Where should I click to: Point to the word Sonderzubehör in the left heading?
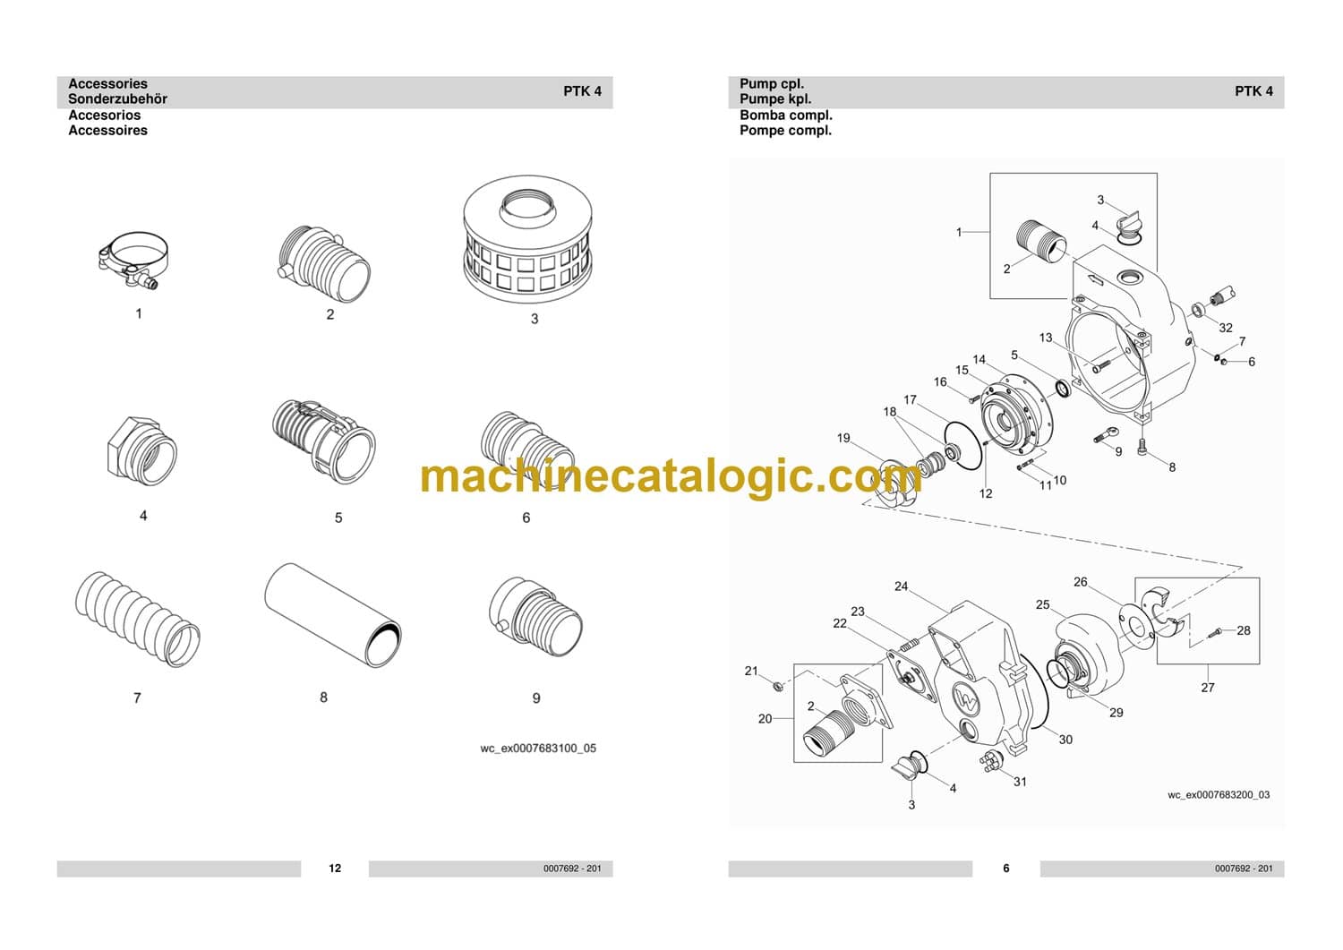click(x=117, y=99)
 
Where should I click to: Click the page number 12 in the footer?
click(x=335, y=869)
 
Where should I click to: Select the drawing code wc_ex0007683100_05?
click(x=538, y=749)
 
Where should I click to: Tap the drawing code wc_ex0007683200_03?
click(x=1219, y=795)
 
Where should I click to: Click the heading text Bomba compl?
click(x=785, y=116)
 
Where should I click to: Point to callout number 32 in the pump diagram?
click(x=1226, y=328)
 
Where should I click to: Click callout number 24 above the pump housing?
click(x=901, y=586)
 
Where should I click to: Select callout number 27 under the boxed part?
click(x=1208, y=688)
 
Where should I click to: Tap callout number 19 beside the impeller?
click(x=843, y=438)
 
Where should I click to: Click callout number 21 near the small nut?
click(x=751, y=671)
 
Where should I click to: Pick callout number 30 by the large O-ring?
click(x=1065, y=740)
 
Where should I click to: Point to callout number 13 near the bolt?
click(x=1046, y=338)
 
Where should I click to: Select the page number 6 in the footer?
click(x=1005, y=869)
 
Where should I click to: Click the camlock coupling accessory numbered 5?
click(x=322, y=439)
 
